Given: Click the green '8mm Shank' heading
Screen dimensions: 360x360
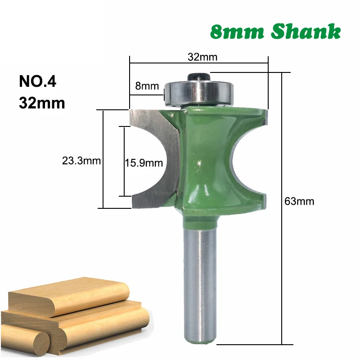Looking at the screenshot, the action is pyautogui.click(x=275, y=31).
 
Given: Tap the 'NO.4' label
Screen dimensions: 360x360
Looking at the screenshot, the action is pyautogui.click(x=38, y=81).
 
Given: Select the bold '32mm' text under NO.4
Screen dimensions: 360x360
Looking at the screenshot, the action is pyautogui.click(x=42, y=103).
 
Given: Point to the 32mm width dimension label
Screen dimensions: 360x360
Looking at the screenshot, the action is pyautogui.click(x=202, y=57).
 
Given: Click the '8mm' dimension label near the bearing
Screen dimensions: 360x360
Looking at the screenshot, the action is pyautogui.click(x=147, y=86).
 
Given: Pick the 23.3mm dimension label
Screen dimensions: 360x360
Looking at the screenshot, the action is pyautogui.click(x=81, y=161).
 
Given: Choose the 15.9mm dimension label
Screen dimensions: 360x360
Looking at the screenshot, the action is pyautogui.click(x=144, y=163).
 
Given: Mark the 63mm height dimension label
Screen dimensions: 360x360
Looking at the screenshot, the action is pyautogui.click(x=299, y=201).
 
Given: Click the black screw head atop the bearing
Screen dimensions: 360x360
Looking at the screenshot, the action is pyautogui.click(x=199, y=76).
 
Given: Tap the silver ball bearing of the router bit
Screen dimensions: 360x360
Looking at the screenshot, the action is pyautogui.click(x=199, y=94).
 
